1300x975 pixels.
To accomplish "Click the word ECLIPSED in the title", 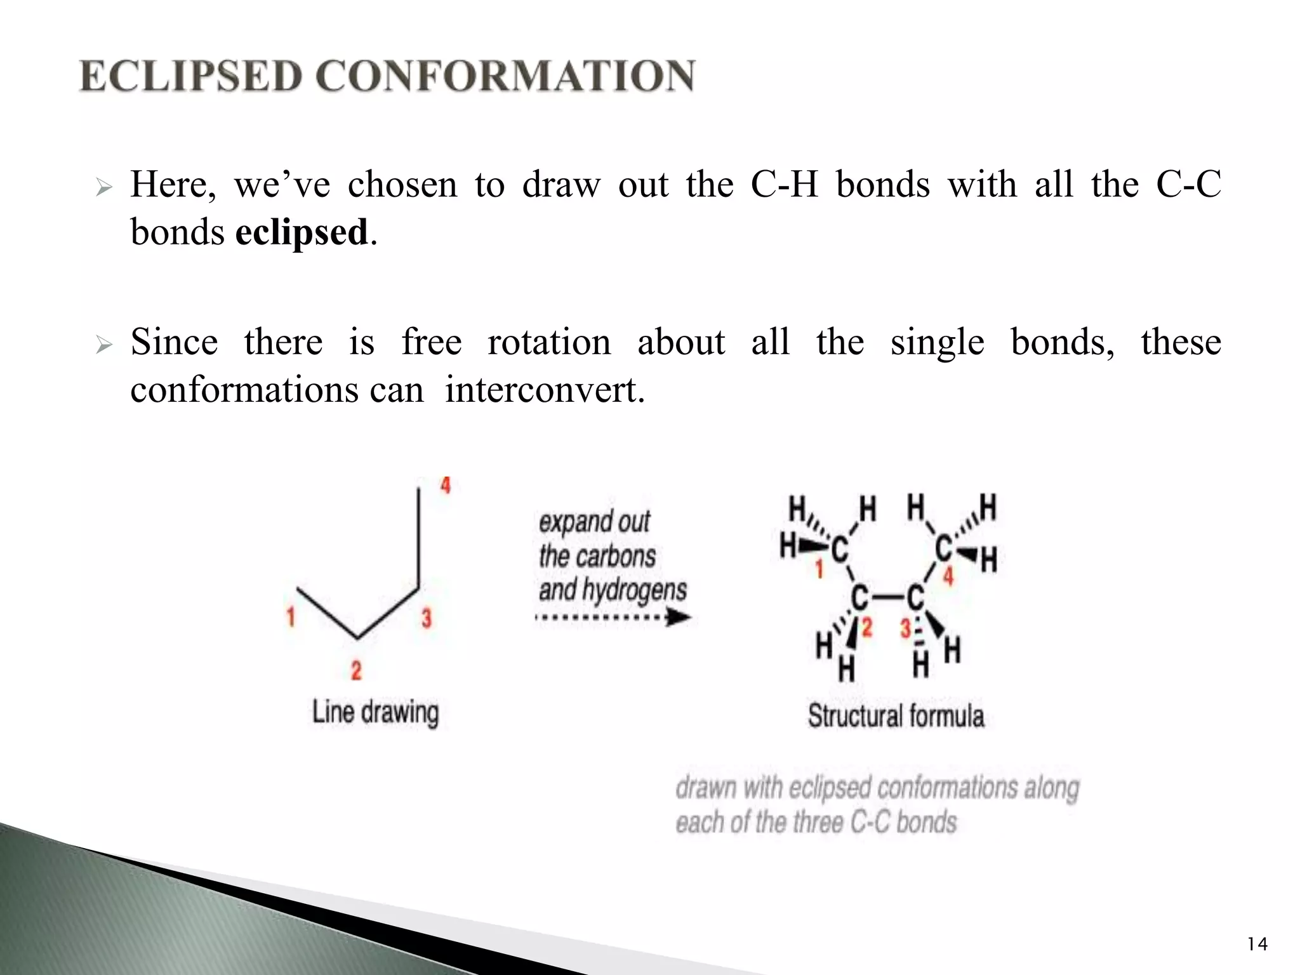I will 190,77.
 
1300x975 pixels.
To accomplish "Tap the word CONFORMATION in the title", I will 505,77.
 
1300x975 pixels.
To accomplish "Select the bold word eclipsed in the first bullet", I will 302,232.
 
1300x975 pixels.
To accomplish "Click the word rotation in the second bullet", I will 549,342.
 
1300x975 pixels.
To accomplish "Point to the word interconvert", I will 545,389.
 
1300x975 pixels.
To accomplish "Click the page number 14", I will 1257,945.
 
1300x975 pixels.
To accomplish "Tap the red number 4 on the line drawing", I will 446,486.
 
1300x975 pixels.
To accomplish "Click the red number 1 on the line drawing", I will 291,616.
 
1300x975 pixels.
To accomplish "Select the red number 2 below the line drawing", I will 356,670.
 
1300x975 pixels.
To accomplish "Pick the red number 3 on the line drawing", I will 427,618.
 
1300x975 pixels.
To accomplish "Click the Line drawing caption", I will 375,712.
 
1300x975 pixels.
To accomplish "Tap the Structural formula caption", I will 896,716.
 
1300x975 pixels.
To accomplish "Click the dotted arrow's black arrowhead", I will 680,617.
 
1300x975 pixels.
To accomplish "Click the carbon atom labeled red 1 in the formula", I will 839,549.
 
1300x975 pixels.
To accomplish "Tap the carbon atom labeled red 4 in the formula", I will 944,548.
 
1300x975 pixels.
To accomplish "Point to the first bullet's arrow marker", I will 103,188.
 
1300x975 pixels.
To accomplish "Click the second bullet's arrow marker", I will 103,345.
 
